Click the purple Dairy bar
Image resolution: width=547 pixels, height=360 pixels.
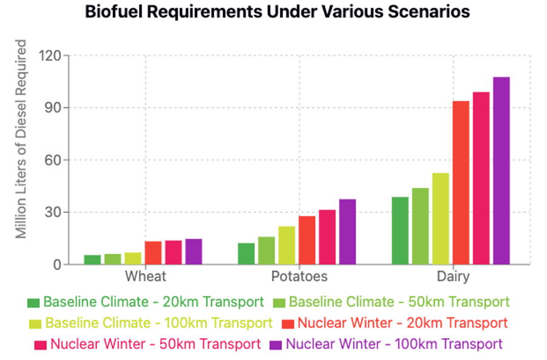(x=501, y=170)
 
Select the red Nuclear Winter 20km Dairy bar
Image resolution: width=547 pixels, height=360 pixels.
(x=461, y=182)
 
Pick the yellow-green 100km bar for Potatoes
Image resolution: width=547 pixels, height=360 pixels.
(x=287, y=245)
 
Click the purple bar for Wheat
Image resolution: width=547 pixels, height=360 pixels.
(x=193, y=252)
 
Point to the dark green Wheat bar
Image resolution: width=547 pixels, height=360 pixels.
(x=92, y=259)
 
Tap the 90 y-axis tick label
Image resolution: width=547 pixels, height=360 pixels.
(x=53, y=108)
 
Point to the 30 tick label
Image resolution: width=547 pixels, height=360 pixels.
(x=53, y=213)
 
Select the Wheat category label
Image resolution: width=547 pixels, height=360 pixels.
(x=146, y=277)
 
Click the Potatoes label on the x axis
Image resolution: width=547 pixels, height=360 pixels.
(x=299, y=277)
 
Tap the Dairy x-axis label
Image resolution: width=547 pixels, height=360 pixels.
(x=453, y=277)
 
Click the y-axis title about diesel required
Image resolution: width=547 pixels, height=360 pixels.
(x=21, y=139)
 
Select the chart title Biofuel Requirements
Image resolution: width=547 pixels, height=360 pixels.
(x=277, y=12)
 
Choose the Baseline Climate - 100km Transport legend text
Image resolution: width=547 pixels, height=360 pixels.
(x=159, y=323)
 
